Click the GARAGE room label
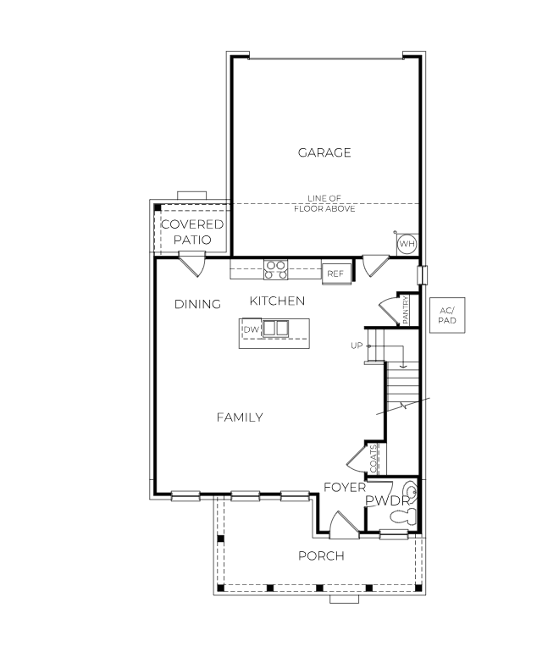[324, 152]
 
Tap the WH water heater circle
[407, 244]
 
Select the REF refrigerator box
[335, 273]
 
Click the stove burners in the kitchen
[275, 269]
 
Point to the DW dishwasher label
[250, 329]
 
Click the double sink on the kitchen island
[275, 329]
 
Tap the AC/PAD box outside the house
[447, 316]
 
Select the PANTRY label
[407, 310]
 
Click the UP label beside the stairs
[357, 345]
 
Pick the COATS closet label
[374, 459]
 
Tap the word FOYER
[345, 488]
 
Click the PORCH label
[321, 555]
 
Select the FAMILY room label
[239, 417]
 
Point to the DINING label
[197, 304]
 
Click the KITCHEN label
[277, 301]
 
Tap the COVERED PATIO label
[192, 232]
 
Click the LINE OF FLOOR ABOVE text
[324, 203]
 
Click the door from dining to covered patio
[192, 267]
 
